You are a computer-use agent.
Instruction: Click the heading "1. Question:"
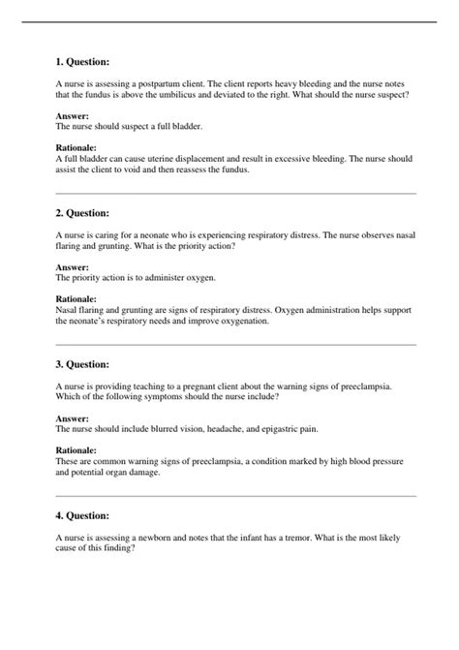(x=83, y=62)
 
